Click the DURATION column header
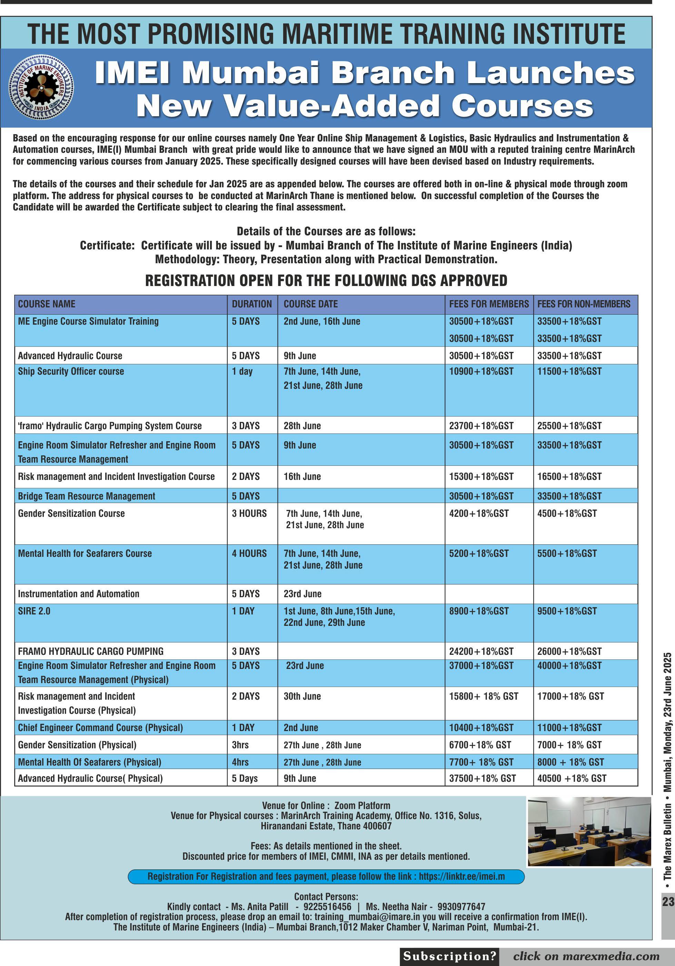coord(251,304)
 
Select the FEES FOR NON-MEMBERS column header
coord(583,304)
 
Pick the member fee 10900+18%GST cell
coord(481,371)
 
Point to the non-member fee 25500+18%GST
coord(569,425)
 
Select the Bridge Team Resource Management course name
coord(86,496)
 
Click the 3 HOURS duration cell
coord(249,513)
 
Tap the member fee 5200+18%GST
coord(479,553)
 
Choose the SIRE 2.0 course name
coord(34,611)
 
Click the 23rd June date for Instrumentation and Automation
coord(302,594)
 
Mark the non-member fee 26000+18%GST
coord(569,651)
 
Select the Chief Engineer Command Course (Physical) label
coord(100,728)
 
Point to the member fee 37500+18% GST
coord(482,778)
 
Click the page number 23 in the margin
coord(668,901)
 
